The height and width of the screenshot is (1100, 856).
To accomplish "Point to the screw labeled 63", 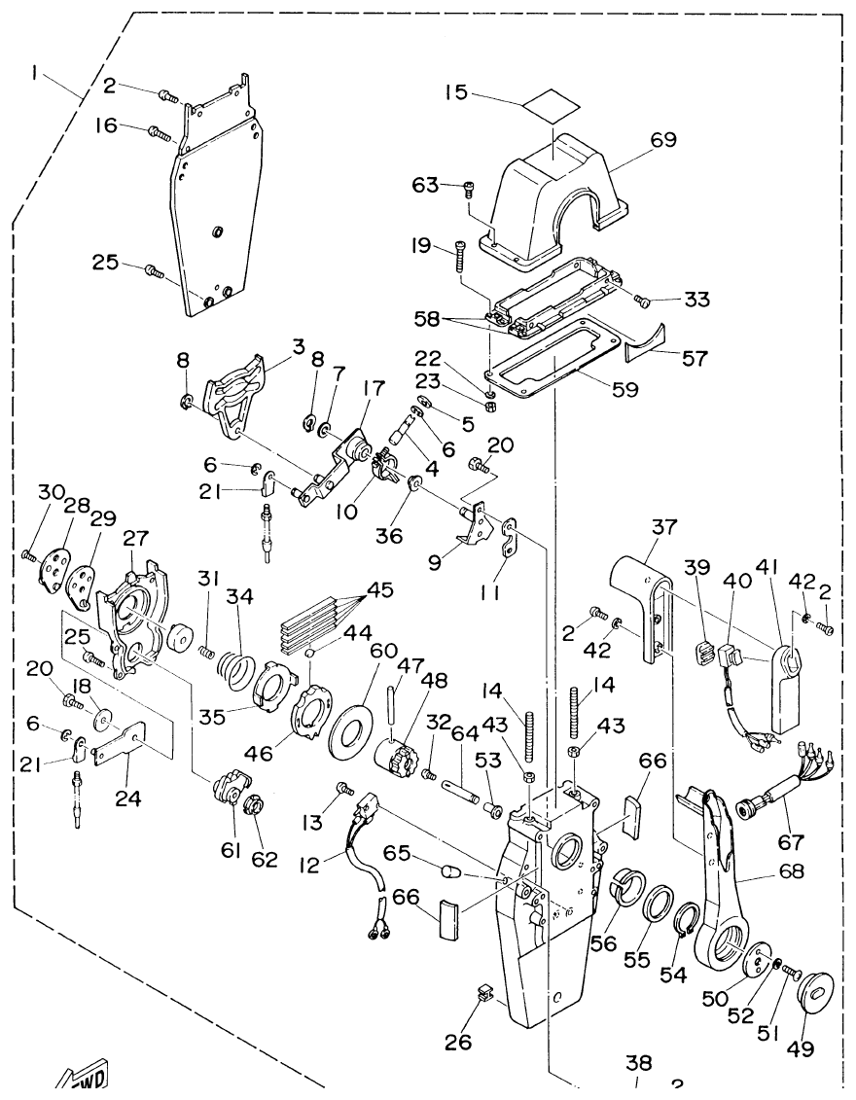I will coord(470,189).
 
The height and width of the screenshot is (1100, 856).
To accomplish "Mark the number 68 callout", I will coord(791,871).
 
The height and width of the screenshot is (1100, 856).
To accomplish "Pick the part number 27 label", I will coord(136,538).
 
